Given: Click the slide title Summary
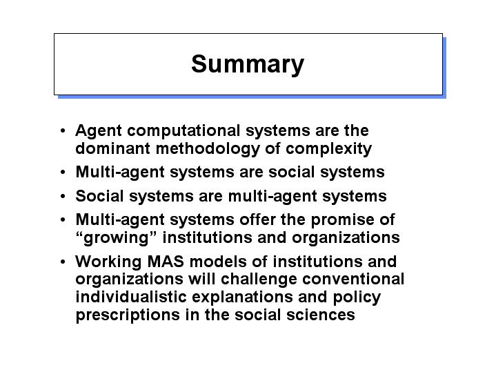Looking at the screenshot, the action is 248,65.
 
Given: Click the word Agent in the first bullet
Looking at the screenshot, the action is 99,131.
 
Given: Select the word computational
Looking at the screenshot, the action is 183,131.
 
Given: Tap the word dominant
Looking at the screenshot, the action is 112,148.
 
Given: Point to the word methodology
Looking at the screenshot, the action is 208,149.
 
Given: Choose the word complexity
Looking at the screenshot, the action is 328,149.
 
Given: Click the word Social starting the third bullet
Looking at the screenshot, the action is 99,195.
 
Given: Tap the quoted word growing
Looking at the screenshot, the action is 116,238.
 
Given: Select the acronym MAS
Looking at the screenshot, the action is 166,262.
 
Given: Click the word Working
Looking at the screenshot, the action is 108,262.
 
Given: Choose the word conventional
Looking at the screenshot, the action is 353,280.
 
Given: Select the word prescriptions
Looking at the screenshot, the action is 128,315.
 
